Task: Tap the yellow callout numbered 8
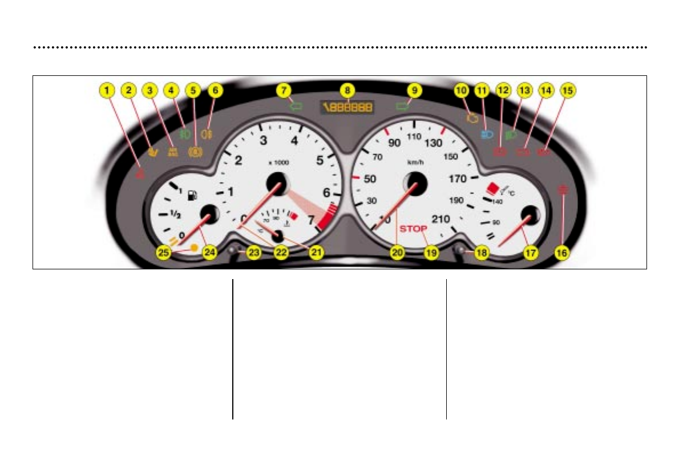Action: click(x=346, y=90)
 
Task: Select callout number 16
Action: click(x=563, y=253)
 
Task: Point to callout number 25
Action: click(x=164, y=253)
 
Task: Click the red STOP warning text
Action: click(x=413, y=229)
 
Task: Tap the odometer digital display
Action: click(x=346, y=106)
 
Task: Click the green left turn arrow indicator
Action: click(x=295, y=106)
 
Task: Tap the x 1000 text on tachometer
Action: click(x=278, y=163)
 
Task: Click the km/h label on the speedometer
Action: click(x=414, y=162)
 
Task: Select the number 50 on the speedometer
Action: click(x=370, y=179)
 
